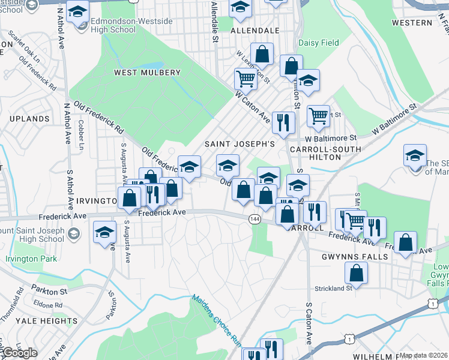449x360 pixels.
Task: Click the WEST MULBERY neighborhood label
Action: coord(147,73)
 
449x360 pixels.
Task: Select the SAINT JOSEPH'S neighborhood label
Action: coord(240,144)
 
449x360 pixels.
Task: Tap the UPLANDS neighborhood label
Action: coord(29,119)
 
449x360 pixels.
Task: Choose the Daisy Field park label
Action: coord(319,43)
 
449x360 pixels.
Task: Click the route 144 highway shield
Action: coord(255,220)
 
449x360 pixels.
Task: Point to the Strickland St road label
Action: coord(333,289)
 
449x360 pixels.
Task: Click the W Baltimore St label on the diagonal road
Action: coord(394,120)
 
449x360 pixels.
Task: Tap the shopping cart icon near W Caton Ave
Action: coord(246,79)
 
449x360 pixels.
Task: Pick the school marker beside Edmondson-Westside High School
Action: coord(77,11)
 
